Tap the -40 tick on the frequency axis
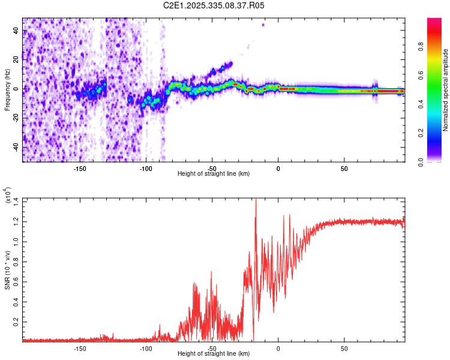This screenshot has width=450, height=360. tap(16, 147)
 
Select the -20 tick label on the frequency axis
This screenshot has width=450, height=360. tap(16, 118)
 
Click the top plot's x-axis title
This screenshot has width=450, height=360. tap(214, 173)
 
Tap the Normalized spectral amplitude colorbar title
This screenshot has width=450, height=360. tap(445, 90)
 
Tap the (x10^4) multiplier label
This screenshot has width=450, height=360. tap(8, 196)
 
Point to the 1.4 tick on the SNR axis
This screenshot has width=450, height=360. tap(16, 200)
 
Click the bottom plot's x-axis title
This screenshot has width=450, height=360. tap(214, 353)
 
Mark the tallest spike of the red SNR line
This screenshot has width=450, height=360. tap(256, 200)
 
